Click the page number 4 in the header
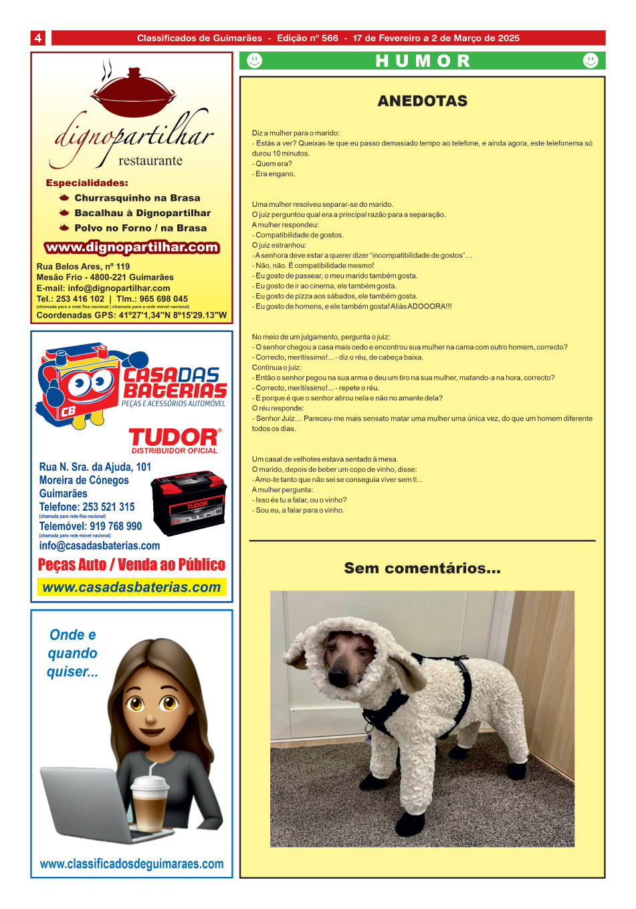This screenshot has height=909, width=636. [38, 38]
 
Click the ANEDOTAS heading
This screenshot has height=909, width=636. [422, 101]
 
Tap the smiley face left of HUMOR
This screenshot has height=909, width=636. [254, 61]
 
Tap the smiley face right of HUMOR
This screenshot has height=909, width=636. [591, 61]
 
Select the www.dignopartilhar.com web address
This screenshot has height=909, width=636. [132, 247]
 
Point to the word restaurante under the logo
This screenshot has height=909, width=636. [150, 161]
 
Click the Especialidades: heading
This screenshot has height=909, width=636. [87, 183]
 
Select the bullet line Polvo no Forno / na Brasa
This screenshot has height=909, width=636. [140, 228]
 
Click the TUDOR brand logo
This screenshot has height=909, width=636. [174, 438]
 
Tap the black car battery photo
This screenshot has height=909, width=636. [189, 502]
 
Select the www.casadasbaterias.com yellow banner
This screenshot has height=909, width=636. [131, 587]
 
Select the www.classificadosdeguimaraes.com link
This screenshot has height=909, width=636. [132, 863]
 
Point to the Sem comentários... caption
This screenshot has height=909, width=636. [422, 568]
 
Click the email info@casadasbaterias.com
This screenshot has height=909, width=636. [100, 546]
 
